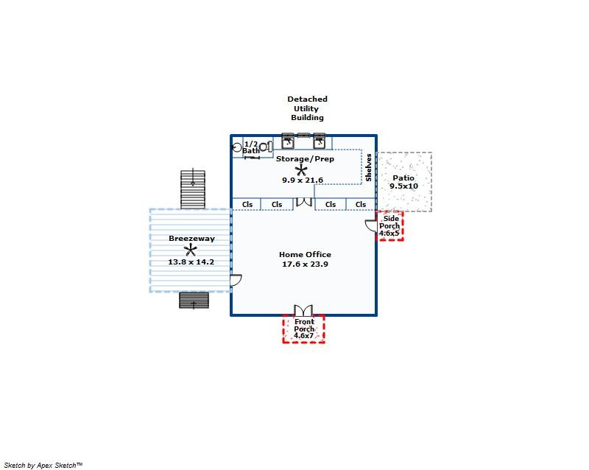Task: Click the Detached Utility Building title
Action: [307, 108]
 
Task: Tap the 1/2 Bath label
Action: [251, 147]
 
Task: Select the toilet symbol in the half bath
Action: [267, 147]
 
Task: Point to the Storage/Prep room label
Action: [305, 158]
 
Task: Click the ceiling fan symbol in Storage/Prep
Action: [301, 171]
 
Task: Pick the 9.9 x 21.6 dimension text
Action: [303, 180]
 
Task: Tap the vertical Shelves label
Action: [369, 167]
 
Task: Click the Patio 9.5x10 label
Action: [403, 182]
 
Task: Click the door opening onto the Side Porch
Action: [371, 225]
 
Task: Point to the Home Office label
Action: [305, 255]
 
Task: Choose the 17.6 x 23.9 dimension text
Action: [305, 264]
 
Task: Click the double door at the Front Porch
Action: [303, 310]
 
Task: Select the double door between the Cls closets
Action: [304, 202]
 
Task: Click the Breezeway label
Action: [191, 239]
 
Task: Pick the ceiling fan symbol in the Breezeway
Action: [191, 250]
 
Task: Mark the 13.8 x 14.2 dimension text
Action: [191, 262]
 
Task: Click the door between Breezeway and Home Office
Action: [236, 280]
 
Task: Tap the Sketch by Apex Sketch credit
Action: [43, 465]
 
